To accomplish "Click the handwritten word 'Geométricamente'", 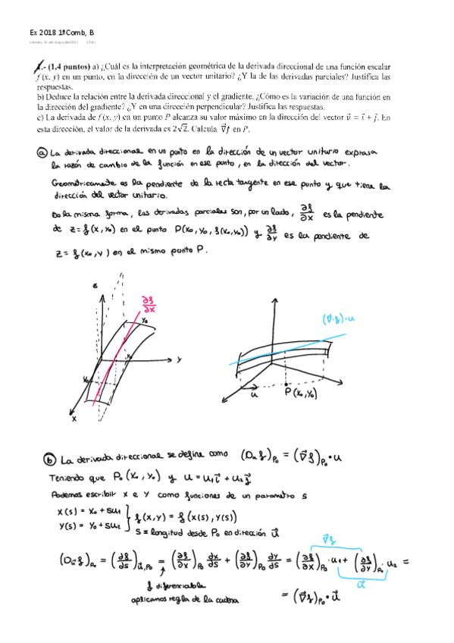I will [x=84, y=183].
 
